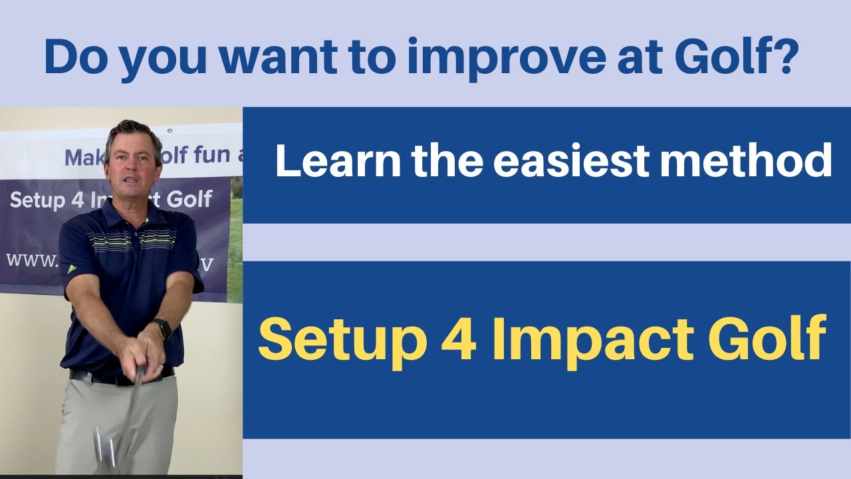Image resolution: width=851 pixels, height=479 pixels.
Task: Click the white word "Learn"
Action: point(338,161)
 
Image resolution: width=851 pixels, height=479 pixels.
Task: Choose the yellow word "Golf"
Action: point(767,338)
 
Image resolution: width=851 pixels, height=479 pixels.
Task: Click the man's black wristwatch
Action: point(162,328)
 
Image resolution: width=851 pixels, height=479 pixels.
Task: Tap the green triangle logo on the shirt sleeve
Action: point(71,269)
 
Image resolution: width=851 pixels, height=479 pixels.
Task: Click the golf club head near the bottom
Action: point(107,449)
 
